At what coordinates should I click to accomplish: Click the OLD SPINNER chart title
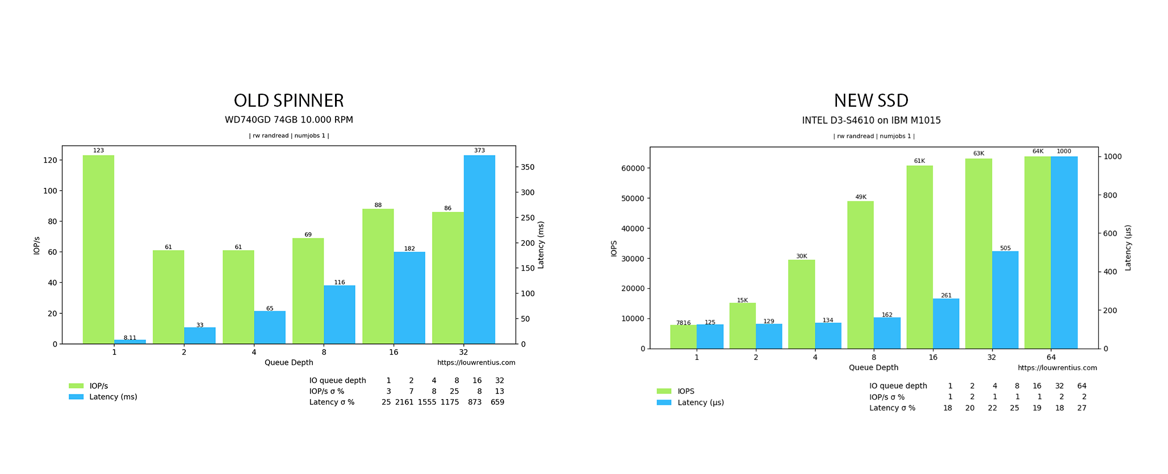pyautogui.click(x=288, y=100)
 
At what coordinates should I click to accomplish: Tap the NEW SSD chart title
pyautogui.click(x=871, y=100)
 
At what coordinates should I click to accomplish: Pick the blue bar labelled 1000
pyautogui.click(x=1064, y=252)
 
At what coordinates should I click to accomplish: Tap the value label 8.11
pyautogui.click(x=130, y=338)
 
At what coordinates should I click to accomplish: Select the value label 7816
pyautogui.click(x=683, y=323)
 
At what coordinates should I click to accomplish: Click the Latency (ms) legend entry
pyautogui.click(x=113, y=397)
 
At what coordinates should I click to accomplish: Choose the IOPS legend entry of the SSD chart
pyautogui.click(x=685, y=391)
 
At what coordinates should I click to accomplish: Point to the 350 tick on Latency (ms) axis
pyautogui.click(x=527, y=167)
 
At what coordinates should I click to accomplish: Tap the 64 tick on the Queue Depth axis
pyautogui.click(x=1051, y=358)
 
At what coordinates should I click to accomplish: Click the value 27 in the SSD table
pyautogui.click(x=1081, y=408)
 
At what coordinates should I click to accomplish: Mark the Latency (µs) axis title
pyautogui.click(x=1128, y=248)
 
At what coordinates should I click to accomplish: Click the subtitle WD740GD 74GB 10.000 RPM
pyautogui.click(x=288, y=120)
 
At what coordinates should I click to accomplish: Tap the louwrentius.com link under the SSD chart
pyautogui.click(x=1057, y=368)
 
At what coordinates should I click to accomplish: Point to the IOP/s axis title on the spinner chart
pyautogui.click(x=37, y=245)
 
